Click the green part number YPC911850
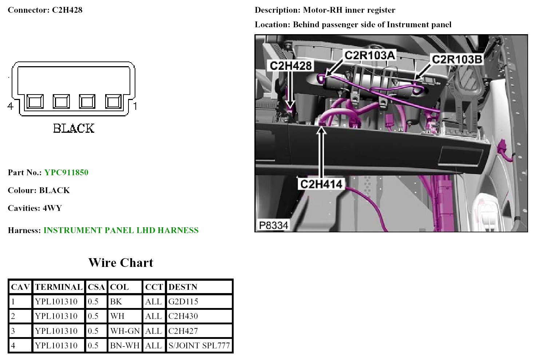[x=66, y=172]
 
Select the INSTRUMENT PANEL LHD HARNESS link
[x=121, y=230]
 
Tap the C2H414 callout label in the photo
[x=321, y=184]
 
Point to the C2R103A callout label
[x=369, y=55]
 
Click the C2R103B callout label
[x=457, y=59]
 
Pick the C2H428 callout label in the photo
[x=291, y=66]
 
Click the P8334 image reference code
[x=273, y=225]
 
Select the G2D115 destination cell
[x=183, y=301]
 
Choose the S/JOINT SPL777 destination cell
[x=199, y=345]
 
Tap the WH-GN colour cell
[x=125, y=331]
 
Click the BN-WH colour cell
[x=125, y=345]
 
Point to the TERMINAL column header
[x=59, y=287]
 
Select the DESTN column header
[x=183, y=287]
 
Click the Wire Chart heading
[x=121, y=263]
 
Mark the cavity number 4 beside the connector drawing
[x=10, y=106]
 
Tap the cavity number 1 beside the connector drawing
[x=135, y=106]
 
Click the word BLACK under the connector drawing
[x=74, y=128]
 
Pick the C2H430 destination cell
[x=183, y=316]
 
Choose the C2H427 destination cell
[x=183, y=331]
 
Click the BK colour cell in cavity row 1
[x=116, y=301]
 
